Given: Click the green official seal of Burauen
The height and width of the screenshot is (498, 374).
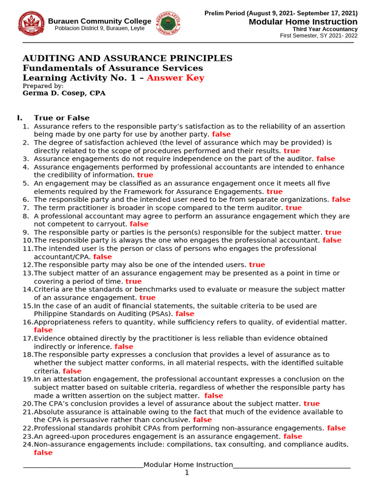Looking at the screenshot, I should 169,24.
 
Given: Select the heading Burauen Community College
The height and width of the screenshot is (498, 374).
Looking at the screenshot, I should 99,21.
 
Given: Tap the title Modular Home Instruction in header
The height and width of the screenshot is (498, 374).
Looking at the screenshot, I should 303,22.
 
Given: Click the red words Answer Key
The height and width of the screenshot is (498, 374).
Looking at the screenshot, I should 175,78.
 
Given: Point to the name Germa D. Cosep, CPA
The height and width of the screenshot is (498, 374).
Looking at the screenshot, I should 64,93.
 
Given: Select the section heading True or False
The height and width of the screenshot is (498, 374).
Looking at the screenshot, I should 61,118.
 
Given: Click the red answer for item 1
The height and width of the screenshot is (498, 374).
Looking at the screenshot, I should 222,134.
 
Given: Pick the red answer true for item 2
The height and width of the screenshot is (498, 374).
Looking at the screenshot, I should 292,151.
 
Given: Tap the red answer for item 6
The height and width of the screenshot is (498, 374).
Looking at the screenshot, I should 341,199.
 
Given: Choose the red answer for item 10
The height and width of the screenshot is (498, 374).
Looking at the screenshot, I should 332,240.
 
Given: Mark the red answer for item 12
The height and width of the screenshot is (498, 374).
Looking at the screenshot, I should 257,265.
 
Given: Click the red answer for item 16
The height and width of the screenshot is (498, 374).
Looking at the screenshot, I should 43,330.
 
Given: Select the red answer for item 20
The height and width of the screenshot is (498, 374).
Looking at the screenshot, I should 312,404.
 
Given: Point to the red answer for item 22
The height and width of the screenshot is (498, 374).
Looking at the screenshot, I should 337,428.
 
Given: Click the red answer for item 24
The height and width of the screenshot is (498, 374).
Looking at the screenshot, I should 43,453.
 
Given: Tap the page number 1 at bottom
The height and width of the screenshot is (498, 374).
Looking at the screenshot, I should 187,473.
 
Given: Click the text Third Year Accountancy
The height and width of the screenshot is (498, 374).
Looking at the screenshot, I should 325,29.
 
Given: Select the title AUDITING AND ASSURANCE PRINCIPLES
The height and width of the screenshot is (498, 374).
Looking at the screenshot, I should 128,58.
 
